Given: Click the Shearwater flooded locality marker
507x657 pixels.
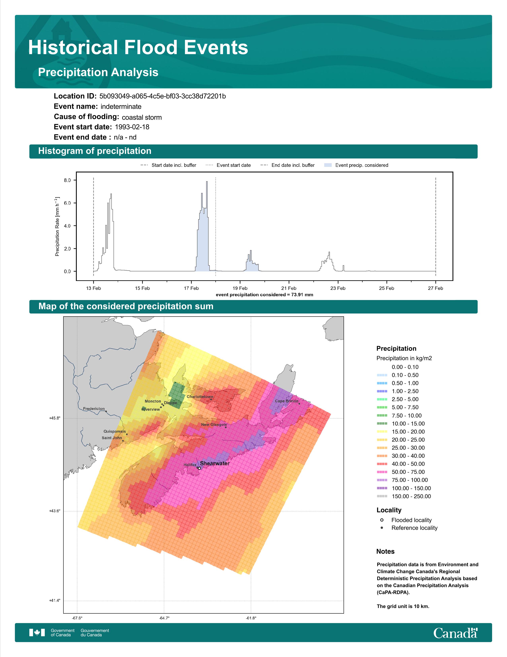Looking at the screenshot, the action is point(199,468).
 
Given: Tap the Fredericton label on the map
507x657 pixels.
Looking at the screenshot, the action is point(94,409).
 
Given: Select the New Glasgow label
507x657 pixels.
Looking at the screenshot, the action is point(214,424).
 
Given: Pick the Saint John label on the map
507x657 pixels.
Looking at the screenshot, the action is point(112,438).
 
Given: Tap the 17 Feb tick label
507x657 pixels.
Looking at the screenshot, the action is point(191,288).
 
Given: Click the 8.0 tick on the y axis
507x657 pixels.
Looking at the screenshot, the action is point(67,180).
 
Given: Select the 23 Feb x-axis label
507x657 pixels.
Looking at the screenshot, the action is point(338,288).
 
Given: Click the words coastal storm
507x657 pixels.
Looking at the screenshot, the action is point(142,117).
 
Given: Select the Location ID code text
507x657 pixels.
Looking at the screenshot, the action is point(162,96).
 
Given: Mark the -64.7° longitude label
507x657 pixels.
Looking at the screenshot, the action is point(164,618).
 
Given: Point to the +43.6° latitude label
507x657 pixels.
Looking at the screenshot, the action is point(55,511).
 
